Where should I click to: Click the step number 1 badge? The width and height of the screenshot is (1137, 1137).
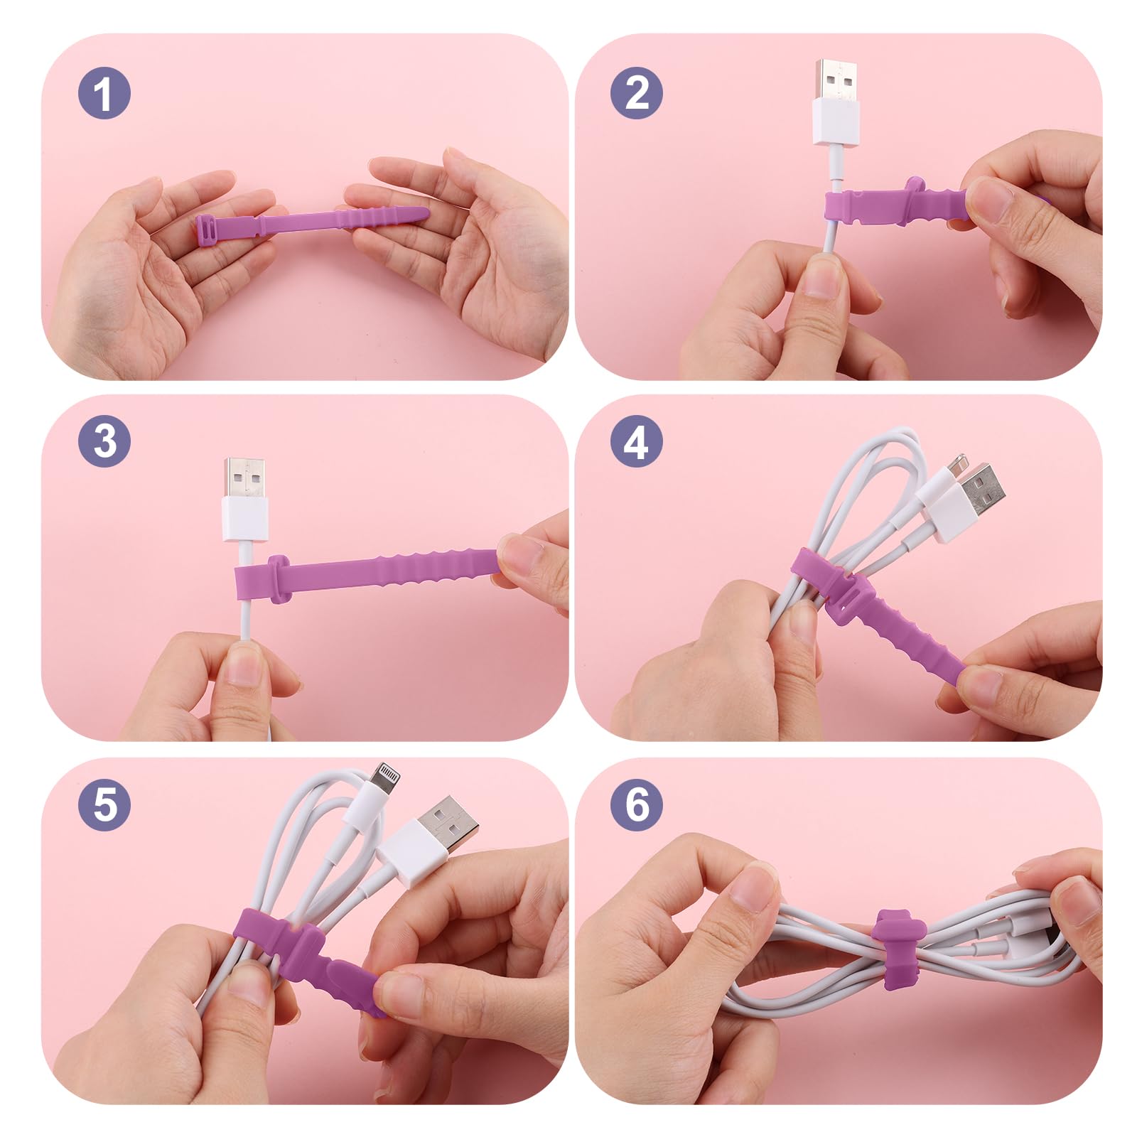104,93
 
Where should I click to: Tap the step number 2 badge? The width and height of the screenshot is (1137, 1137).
636,93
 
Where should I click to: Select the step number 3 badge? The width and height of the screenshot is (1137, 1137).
104,441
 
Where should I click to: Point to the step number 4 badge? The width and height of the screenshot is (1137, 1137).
636,441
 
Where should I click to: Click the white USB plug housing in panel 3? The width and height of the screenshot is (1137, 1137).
246,519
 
